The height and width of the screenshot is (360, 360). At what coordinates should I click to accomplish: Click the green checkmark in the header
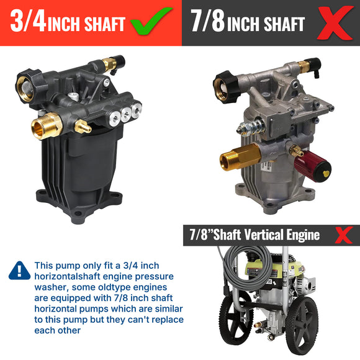(x=151, y=22)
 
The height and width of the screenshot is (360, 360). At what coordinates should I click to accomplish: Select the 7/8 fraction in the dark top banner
(x=208, y=23)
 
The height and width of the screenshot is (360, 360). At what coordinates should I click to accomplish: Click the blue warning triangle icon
(x=19, y=270)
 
